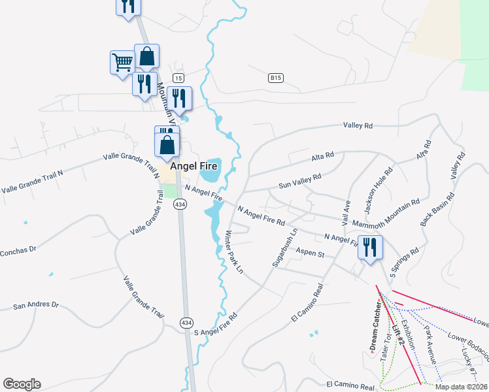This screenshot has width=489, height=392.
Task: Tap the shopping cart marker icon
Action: click(122, 63)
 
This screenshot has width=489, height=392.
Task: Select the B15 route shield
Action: click(276, 78)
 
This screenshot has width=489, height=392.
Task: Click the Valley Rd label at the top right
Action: click(358, 125)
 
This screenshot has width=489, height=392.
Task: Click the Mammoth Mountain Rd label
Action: click(386, 215)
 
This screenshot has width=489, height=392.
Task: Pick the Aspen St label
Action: click(311, 253)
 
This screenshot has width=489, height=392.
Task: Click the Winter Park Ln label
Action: click(233, 252)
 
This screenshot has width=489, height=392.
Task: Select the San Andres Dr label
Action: click(36, 305)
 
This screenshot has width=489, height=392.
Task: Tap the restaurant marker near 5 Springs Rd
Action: click(370, 248)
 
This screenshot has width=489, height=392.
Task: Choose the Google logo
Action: click(22, 384)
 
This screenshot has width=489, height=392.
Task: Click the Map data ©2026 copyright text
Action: click(461, 387)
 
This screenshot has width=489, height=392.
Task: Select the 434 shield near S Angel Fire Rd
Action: click(187, 322)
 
